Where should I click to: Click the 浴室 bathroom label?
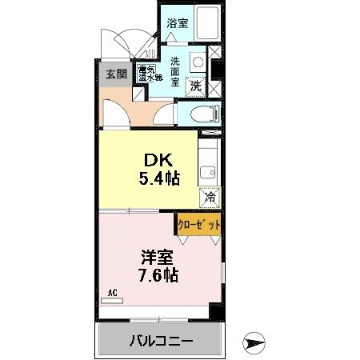point(177,25)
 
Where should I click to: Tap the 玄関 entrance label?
point(117,74)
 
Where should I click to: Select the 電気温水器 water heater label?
point(150,74)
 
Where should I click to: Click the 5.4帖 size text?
point(158,178)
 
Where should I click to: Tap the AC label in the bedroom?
point(112,294)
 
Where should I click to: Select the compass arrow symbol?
point(254,343)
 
